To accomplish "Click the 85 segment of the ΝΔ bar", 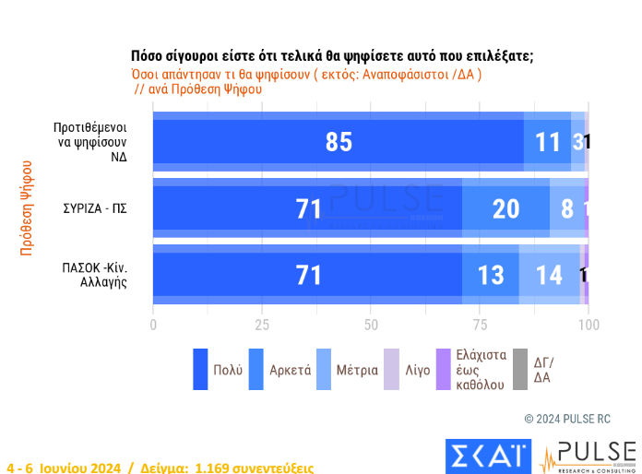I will [x=339, y=142].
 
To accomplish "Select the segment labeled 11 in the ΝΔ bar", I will [x=548, y=142].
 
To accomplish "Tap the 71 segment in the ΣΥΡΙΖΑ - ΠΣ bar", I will [x=307, y=209].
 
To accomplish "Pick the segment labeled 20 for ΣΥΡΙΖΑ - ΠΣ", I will [x=505, y=209].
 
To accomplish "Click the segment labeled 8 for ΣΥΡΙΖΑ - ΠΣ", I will [x=566, y=209].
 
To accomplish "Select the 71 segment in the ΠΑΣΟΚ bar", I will [x=307, y=275].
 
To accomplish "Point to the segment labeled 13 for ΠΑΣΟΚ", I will [x=491, y=275].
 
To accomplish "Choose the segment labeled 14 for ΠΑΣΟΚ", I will [x=550, y=275].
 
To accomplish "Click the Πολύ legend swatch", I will [x=200, y=369].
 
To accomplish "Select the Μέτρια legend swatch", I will [x=323, y=369].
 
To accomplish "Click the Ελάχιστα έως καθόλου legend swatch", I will [x=443, y=369].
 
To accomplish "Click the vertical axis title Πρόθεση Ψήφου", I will [x=27, y=207].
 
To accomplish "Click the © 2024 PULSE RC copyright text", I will [x=574, y=418].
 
